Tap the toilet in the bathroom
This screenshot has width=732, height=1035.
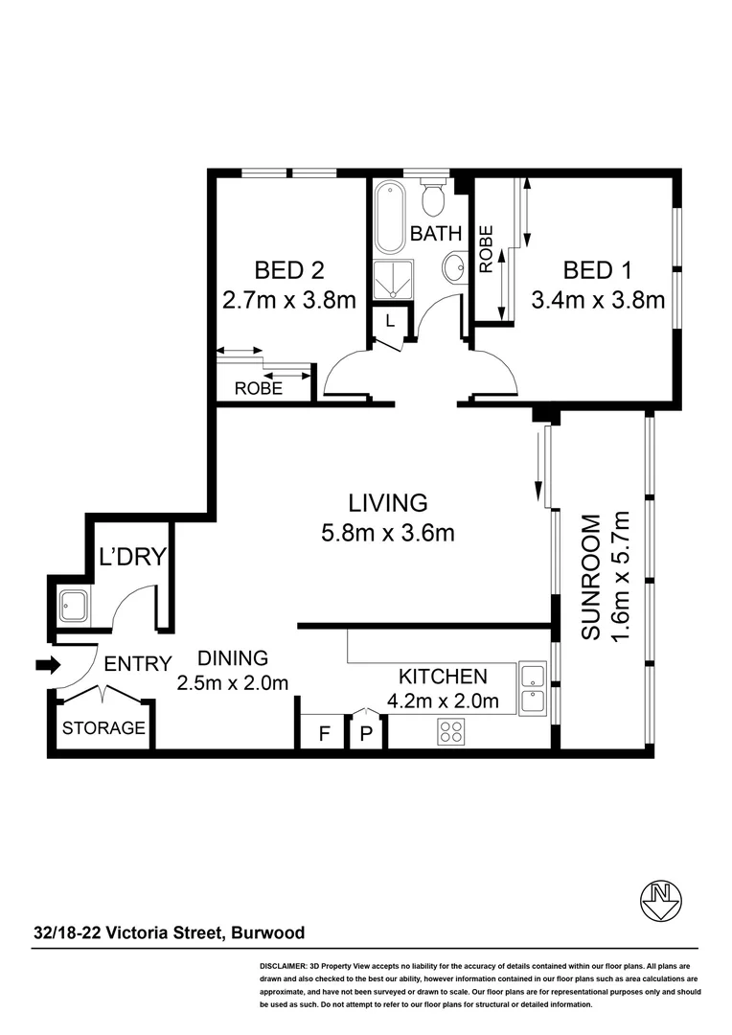tap(433, 198)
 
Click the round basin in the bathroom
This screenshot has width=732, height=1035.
tap(455, 266)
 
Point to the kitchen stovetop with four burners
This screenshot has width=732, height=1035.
tap(451, 733)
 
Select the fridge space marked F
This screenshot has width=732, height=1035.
tap(324, 735)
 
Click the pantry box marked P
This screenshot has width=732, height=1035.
tap(365, 735)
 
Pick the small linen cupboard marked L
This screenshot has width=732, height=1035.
tap(389, 322)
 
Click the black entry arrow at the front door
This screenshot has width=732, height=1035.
tap(44, 664)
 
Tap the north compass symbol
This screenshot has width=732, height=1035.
tap(659, 899)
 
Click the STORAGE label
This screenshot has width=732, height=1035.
tap(103, 728)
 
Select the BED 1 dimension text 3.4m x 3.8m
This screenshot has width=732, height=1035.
tap(598, 300)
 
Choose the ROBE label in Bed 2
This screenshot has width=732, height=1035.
tap(259, 388)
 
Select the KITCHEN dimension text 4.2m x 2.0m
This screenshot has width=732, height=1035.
tap(443, 701)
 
